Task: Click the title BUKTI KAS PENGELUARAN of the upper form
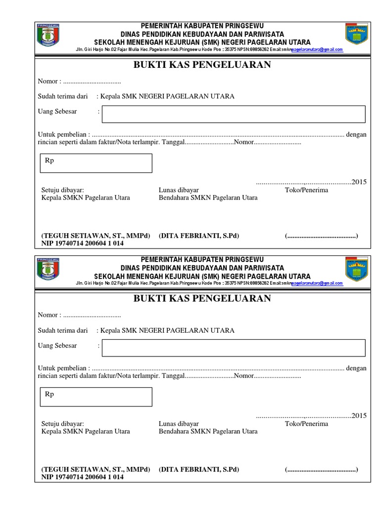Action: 202,65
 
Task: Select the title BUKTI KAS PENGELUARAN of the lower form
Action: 202,298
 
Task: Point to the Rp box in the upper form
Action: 96,163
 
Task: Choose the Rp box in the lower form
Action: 96,397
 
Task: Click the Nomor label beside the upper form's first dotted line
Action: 49,81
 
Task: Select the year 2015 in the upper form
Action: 359,182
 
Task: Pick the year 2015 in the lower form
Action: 359,416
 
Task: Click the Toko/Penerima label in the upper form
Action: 306,190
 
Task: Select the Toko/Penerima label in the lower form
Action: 306,423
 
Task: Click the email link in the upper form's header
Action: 317,50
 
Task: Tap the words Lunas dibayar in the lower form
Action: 179,423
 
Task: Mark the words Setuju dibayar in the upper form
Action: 62,190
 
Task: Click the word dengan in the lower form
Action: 356,368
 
